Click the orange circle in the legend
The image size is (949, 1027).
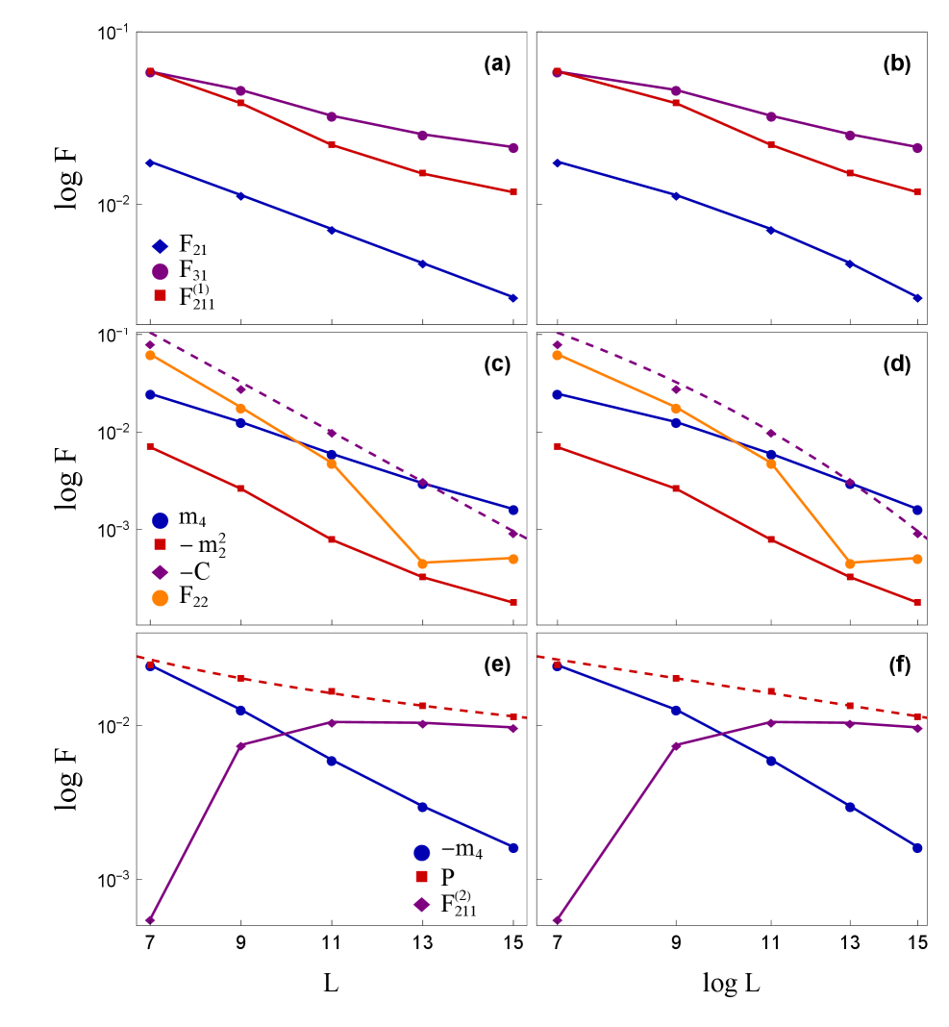[161, 598]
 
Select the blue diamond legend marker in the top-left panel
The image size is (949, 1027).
[161, 246]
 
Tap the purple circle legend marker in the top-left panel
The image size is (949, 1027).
[161, 271]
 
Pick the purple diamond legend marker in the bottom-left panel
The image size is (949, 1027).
[421, 904]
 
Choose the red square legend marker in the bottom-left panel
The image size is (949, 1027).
[421, 877]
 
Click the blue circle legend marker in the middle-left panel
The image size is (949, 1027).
[161, 520]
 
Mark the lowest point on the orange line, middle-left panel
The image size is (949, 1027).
[422, 564]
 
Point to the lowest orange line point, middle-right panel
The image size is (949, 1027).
[849, 564]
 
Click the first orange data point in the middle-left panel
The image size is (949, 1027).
[150, 355]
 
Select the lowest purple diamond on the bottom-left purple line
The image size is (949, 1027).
[150, 920]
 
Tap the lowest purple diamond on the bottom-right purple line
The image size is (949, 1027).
[557, 920]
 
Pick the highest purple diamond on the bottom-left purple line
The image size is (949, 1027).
[332, 722]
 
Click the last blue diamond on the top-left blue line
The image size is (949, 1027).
[512, 298]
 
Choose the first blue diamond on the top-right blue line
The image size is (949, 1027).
[557, 163]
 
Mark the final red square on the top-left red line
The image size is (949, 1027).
[512, 192]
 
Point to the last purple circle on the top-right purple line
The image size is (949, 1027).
[917, 147]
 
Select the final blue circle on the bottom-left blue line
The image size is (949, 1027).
[512, 848]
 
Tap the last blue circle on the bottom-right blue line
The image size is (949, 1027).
[917, 848]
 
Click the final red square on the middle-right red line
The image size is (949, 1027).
[917, 603]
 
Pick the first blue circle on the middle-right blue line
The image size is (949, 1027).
[557, 394]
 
